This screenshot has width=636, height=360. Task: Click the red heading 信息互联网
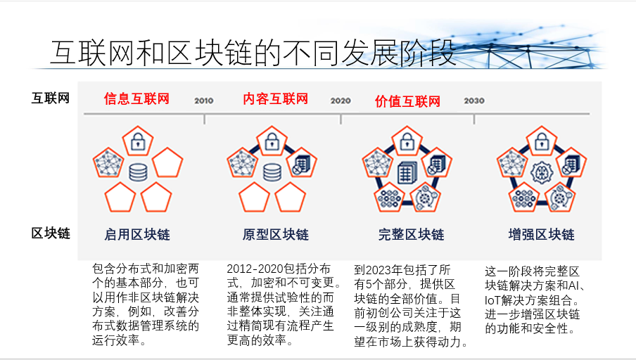tap(136, 98)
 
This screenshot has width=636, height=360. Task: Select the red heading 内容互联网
tap(275, 98)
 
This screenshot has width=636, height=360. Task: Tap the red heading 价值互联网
tap(407, 101)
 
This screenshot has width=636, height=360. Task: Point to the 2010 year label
tap(203, 101)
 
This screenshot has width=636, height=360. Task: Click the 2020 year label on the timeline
tap(341, 101)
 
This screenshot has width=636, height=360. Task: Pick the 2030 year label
tap(474, 101)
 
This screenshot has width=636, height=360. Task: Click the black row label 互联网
tap(51, 98)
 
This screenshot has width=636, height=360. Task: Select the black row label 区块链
tap(51, 233)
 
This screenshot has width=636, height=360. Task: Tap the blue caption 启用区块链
tap(137, 234)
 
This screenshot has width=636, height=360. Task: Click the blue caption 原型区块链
tap(275, 234)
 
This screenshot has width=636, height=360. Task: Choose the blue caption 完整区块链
tap(412, 234)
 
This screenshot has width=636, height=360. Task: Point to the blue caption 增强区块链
tap(542, 234)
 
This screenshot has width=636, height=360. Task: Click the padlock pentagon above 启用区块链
tap(138, 141)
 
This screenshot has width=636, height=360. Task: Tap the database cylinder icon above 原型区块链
tap(272, 172)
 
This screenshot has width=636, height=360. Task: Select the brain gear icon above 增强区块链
tap(542, 173)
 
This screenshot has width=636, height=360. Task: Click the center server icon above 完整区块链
tap(407, 173)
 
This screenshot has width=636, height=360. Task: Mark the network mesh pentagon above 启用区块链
tap(108, 162)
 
